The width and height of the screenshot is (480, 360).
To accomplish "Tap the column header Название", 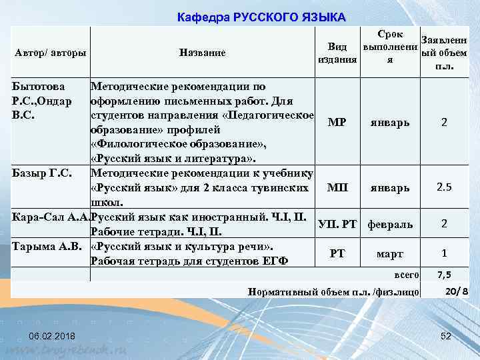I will pos(203,53).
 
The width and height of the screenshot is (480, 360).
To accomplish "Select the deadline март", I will pos(389,254).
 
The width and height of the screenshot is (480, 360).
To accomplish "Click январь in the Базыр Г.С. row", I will pos(389,188).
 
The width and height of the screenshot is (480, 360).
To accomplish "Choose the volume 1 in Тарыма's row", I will pos(443,253).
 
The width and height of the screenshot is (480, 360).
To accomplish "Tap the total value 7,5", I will pos(445,275).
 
